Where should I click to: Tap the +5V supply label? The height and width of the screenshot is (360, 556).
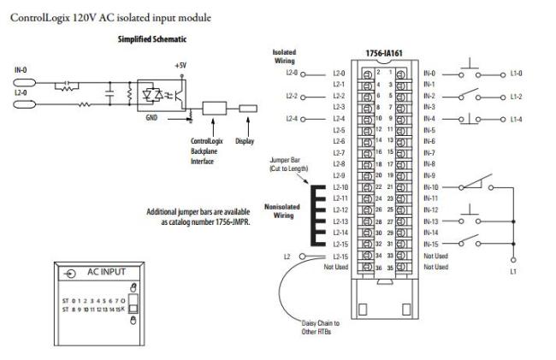pos(179,65)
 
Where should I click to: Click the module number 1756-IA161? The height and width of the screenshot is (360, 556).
pos(384,53)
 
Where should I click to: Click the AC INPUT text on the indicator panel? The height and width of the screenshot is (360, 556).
pos(106,271)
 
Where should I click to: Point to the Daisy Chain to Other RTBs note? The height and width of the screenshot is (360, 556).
pos(321,327)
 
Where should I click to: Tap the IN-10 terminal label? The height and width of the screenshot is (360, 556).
pos(430,186)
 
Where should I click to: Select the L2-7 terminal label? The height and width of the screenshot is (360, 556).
pos(338,152)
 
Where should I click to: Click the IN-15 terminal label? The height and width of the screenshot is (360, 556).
pos(430,244)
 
